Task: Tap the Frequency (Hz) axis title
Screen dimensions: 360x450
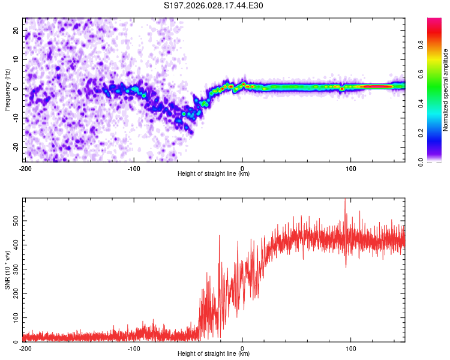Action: coord(7,89)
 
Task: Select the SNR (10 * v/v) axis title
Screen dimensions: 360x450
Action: coord(7,269)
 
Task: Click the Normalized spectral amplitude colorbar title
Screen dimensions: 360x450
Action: coord(446,90)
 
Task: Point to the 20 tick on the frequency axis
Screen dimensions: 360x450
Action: coord(17,30)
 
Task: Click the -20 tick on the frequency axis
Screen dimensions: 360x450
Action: coord(16,148)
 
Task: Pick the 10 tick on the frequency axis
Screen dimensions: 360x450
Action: coord(17,59)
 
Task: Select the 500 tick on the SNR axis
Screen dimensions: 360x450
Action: coord(14,221)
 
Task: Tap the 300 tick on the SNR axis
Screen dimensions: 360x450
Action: coord(14,269)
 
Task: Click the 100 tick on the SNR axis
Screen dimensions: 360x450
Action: coord(14,317)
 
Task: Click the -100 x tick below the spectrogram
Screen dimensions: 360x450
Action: coord(133,168)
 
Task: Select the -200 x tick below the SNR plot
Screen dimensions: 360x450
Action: coord(25,348)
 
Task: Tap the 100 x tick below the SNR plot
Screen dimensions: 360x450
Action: coord(350,348)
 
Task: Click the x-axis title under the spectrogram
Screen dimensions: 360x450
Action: coord(214,174)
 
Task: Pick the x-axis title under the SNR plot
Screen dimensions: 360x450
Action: coord(214,354)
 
